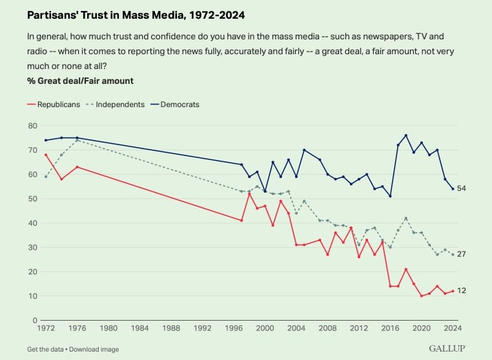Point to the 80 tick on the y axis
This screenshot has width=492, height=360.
click(33, 125)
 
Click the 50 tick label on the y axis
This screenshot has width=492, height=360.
click(33, 198)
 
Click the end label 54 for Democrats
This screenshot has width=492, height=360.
click(462, 188)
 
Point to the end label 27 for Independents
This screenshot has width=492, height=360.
click(462, 254)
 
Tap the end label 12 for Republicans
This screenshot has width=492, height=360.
click(462, 291)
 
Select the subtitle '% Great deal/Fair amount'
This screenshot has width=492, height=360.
click(80, 81)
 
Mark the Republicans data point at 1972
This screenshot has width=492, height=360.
click(46, 154)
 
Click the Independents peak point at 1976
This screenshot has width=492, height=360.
click(77, 140)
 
